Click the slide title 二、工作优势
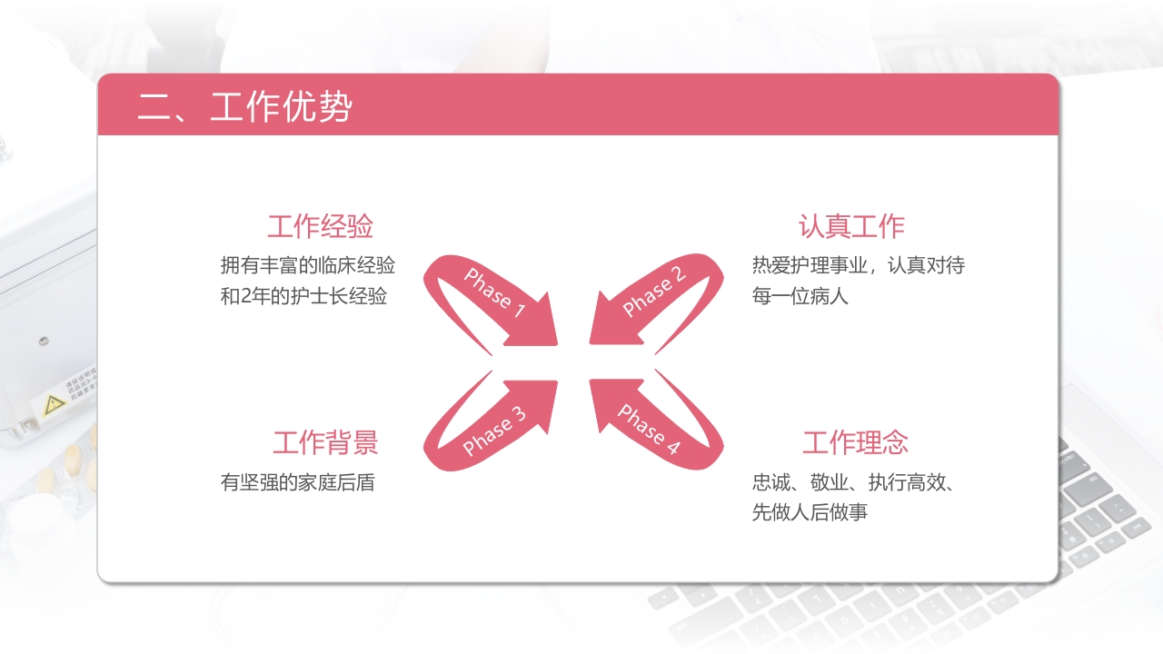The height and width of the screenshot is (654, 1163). pyautogui.click(x=244, y=107)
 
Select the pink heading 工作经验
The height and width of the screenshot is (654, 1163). pyautogui.click(x=320, y=226)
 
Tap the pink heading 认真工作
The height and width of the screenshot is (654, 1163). pyautogui.click(x=851, y=226)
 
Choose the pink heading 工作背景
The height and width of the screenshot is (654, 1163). pyautogui.click(x=325, y=442)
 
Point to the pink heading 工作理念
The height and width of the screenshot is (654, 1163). pyautogui.click(x=855, y=442)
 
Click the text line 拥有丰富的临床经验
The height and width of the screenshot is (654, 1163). pyautogui.click(x=308, y=265)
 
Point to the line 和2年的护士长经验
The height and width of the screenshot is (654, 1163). pyautogui.click(x=303, y=296)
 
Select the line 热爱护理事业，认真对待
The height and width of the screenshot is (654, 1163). pyautogui.click(x=858, y=265)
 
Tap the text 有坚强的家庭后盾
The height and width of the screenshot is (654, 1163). pyautogui.click(x=297, y=481)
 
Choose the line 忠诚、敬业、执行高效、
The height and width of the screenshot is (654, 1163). pyautogui.click(x=852, y=481)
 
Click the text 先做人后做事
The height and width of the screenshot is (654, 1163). pyautogui.click(x=810, y=512)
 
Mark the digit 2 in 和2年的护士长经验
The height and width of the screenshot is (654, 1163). pyautogui.click(x=245, y=296)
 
